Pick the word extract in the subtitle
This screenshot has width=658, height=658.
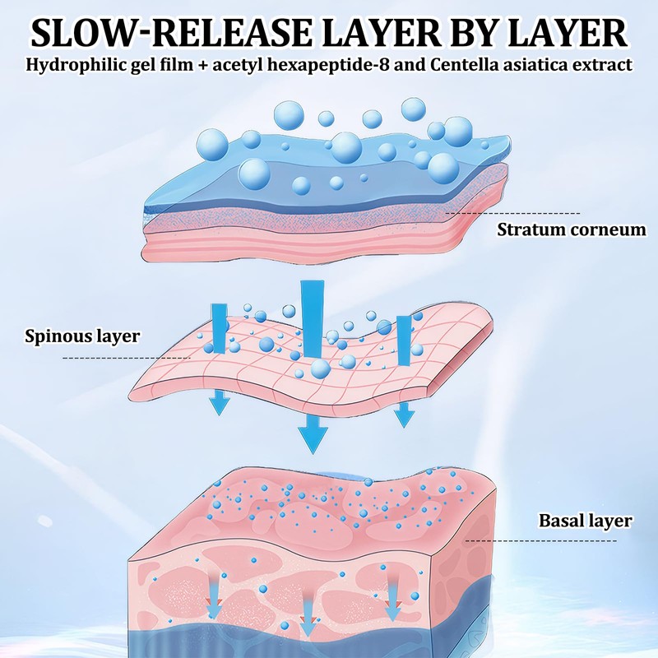[x=605, y=65]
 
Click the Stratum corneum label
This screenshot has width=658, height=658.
[x=571, y=229]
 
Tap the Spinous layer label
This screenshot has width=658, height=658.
[x=82, y=336]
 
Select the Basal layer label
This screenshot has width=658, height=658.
[x=585, y=520]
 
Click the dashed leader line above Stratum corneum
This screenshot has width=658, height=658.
[x=510, y=213]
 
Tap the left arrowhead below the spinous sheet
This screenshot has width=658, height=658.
[x=219, y=402]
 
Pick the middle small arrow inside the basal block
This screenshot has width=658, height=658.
[x=308, y=619]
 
